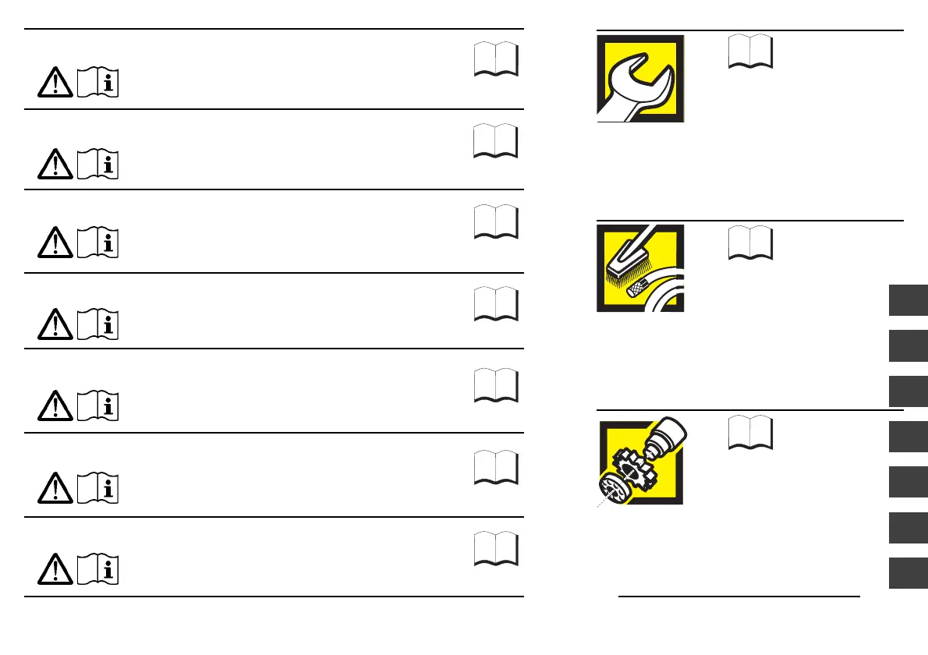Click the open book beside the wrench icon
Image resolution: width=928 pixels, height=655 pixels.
pyautogui.click(x=751, y=52)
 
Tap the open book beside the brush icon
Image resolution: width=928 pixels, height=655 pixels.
pyautogui.click(x=751, y=243)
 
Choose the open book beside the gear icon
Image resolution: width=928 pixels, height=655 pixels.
pyautogui.click(x=751, y=434)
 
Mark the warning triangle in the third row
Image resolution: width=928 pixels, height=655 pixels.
pyautogui.click(x=55, y=244)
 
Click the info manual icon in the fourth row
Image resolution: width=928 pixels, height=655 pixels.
pyautogui.click(x=99, y=325)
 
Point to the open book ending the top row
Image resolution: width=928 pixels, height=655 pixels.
pyautogui.click(x=495, y=59)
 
